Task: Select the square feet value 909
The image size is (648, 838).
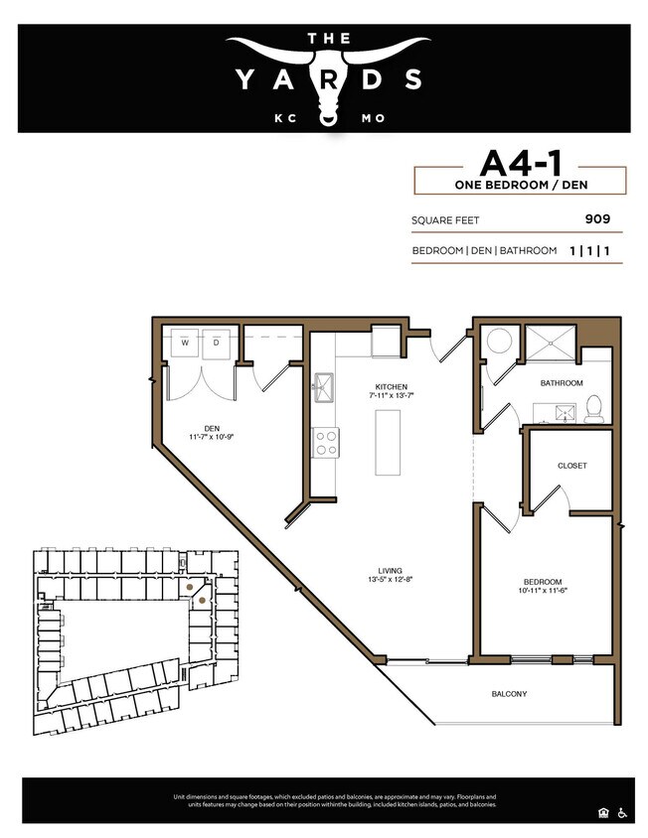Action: [x=596, y=219]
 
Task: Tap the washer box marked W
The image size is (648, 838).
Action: [x=185, y=343]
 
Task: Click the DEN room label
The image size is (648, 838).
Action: [x=211, y=428]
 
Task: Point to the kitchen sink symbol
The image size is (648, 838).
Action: [x=324, y=388]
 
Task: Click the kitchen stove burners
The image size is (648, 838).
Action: [x=326, y=442]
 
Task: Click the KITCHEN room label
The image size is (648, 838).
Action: [x=391, y=386]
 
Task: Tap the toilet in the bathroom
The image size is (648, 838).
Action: [x=593, y=408]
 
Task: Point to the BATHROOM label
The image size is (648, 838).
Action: [x=562, y=382]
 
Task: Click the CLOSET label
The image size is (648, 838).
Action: [x=571, y=465]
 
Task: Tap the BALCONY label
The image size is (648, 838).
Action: [x=509, y=693]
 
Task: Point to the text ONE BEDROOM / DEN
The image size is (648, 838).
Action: [x=520, y=185]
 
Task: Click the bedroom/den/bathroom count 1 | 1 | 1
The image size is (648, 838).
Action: [x=589, y=251]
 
